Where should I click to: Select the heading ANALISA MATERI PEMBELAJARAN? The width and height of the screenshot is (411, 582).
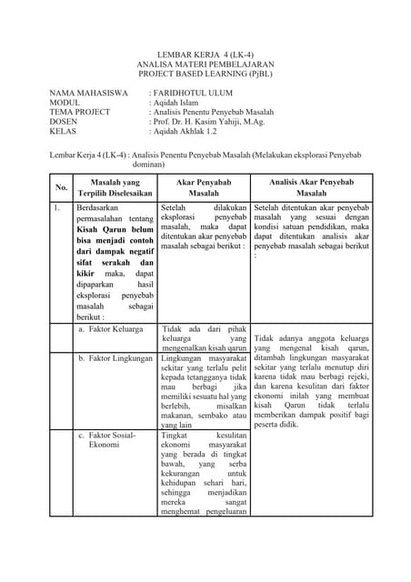[205, 65]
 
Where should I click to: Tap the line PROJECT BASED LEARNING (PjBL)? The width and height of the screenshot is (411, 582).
[205, 75]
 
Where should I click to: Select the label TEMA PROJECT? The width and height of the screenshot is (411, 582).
[80, 112]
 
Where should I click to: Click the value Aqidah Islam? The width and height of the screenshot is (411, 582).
[179, 103]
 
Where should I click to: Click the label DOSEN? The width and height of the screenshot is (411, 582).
[65, 122]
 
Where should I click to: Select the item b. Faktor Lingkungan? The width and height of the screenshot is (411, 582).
[115, 358]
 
